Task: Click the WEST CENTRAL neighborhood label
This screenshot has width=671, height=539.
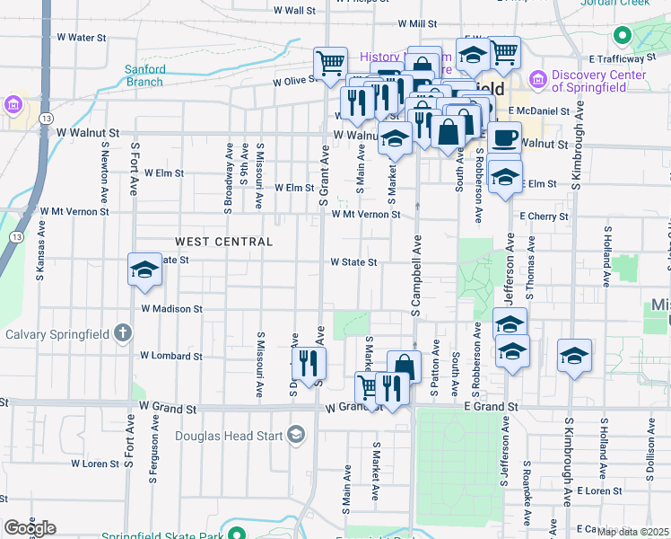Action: [x=224, y=242]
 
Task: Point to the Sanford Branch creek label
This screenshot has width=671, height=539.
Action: [x=144, y=75]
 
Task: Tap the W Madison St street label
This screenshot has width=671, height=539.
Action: [x=173, y=308]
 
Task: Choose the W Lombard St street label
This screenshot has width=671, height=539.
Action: [x=170, y=355]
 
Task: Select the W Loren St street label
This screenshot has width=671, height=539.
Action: [x=94, y=464]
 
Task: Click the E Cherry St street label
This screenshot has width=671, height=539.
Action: [x=544, y=216]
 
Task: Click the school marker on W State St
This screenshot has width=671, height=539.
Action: [x=144, y=269]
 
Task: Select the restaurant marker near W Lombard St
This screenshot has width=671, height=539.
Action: [x=309, y=364]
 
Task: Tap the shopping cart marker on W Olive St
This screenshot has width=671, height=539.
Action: [x=330, y=64]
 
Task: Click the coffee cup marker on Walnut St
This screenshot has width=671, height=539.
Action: [x=505, y=137]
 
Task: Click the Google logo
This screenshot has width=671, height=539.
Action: [x=30, y=528]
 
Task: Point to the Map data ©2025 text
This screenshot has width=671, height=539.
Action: [x=633, y=532]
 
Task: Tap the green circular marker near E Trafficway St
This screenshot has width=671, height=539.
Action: [x=622, y=37]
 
